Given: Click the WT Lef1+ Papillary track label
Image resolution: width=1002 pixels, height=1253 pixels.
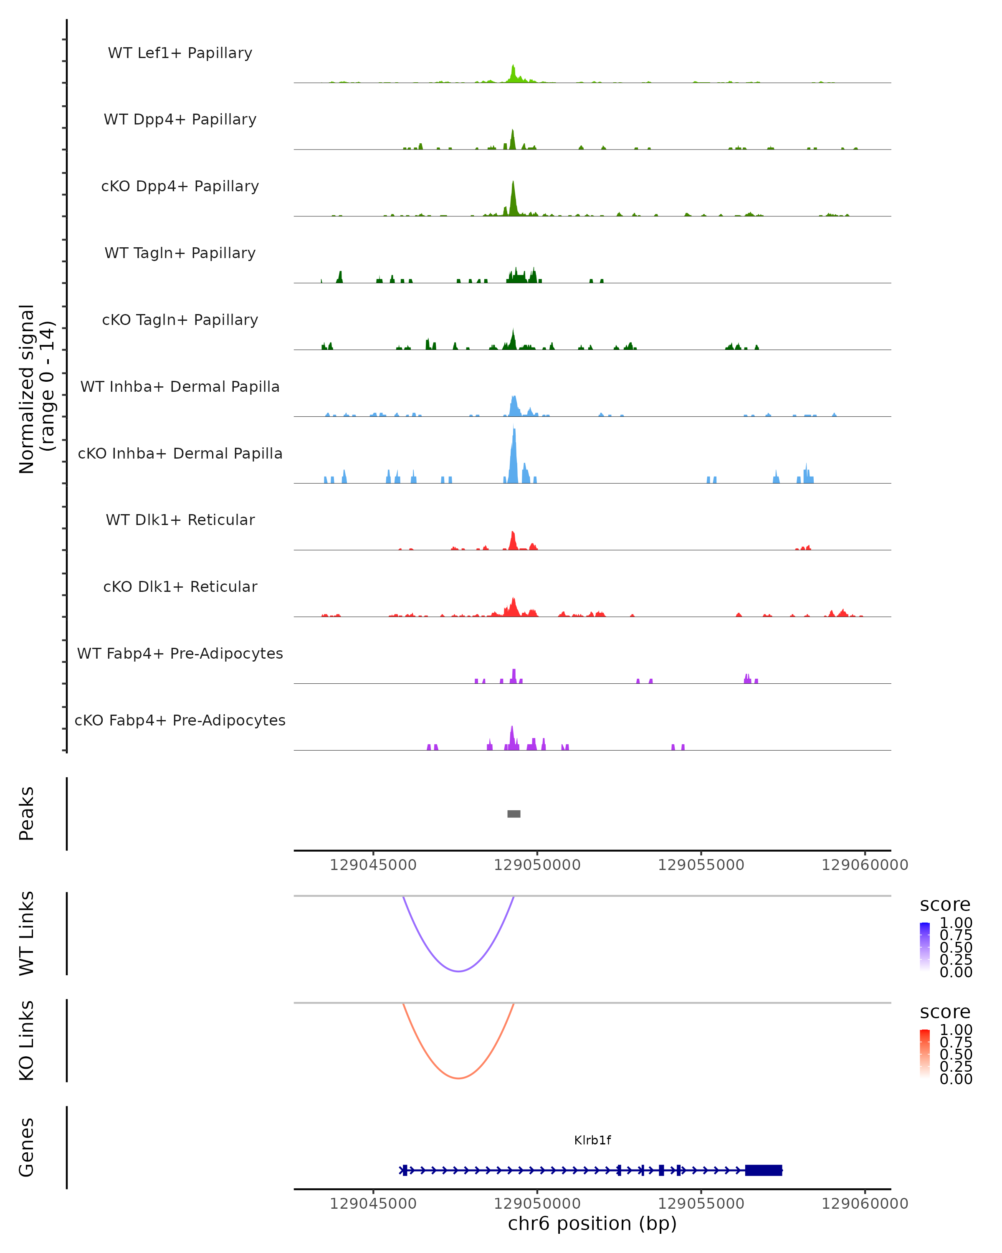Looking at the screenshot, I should point(180,53).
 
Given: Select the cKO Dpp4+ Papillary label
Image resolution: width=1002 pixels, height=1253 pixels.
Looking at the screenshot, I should point(180,186).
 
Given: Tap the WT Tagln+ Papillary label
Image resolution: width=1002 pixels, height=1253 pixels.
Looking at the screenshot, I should point(180,253).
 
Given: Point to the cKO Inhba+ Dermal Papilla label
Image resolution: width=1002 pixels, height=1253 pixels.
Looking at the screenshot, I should point(180,453).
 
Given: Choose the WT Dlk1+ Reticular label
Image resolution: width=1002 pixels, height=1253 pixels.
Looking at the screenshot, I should point(180,520).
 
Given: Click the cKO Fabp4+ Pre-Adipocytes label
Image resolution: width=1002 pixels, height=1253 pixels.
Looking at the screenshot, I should point(180,720).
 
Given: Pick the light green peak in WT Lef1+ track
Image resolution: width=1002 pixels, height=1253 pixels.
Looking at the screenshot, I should point(513,73).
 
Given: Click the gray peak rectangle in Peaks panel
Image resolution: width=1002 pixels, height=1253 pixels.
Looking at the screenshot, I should point(514,814).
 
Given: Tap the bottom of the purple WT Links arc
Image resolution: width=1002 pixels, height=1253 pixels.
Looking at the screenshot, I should point(458,971).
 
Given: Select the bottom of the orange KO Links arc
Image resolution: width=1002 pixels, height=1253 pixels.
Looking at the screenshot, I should point(458,1078).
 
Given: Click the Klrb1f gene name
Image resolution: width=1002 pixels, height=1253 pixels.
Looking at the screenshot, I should point(592,1140).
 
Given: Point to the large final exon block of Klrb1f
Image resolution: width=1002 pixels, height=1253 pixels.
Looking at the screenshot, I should point(763,1170).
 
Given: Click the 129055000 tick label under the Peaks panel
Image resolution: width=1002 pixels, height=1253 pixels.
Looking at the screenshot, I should point(701,865).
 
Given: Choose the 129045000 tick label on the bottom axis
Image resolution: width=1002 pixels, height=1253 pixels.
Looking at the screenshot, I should point(373,1204).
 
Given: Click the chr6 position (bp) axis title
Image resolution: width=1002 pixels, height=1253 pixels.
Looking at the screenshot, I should point(592,1223).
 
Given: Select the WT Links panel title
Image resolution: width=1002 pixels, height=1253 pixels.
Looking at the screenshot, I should point(27,933).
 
